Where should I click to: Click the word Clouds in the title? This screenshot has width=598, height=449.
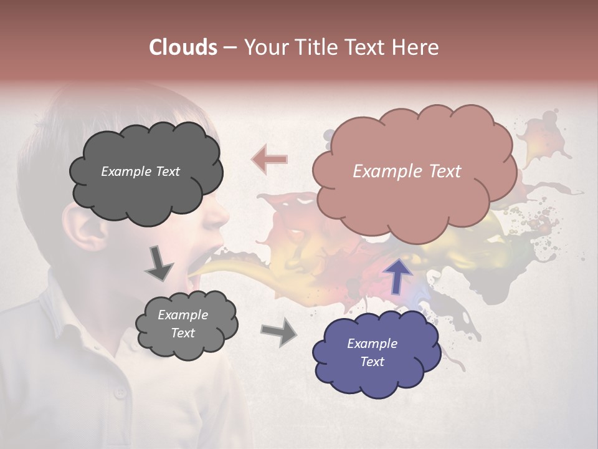tap(183, 47)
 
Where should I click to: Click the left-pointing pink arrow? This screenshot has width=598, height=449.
tap(270, 159)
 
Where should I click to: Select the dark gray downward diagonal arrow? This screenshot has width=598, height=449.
tap(159, 264)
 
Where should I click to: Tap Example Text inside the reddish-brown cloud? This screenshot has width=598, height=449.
tap(407, 171)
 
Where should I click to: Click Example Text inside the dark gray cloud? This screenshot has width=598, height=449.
tap(140, 171)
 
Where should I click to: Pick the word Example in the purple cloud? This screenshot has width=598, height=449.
tap(372, 344)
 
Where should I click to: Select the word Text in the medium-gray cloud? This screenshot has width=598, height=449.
tap(183, 333)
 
